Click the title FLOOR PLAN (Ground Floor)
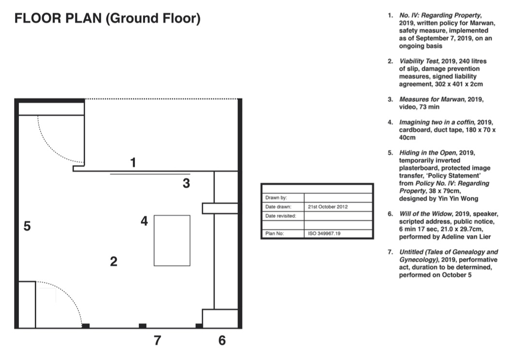tap(107, 18)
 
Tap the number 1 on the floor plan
tap(133, 162)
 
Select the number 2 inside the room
tap(113, 261)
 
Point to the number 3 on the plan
tap(186, 183)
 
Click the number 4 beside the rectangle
tap(144, 221)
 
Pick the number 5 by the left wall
tap(27, 226)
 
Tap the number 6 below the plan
tap(222, 340)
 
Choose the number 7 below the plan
tap(157, 340)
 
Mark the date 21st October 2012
tap(328, 207)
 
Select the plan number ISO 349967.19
tap(324, 233)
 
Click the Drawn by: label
tap(276, 198)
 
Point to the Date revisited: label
tap(281, 216)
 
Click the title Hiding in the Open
tap(428, 153)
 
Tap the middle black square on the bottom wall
tap(143, 326)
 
